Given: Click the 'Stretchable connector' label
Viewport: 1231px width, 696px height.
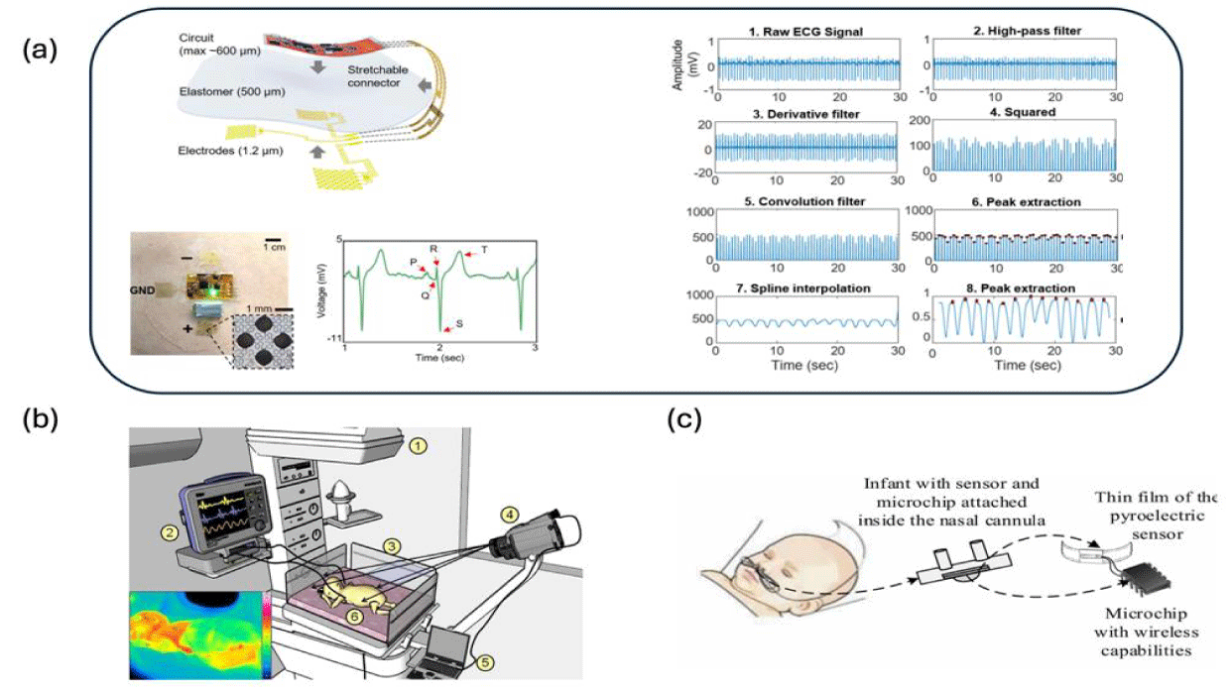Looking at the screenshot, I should pos(376,77).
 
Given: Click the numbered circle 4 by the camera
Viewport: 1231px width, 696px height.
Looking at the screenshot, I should pos(511,515).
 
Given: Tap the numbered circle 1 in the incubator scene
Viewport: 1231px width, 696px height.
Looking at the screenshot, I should pos(419,446).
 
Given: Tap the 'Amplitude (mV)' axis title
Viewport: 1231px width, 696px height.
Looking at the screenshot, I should pos(678,65).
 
